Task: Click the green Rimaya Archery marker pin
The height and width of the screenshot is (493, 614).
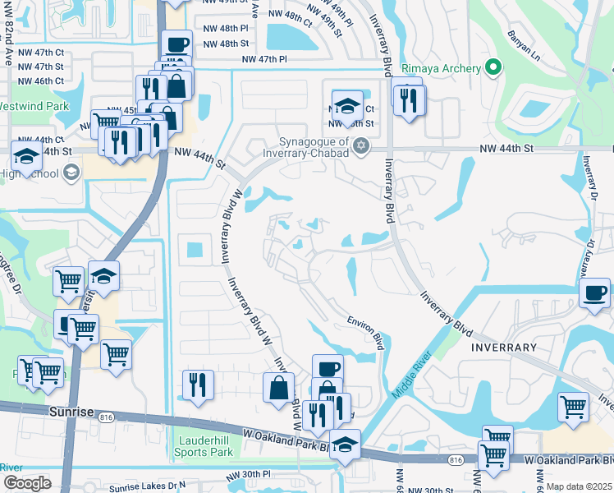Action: pyautogui.click(x=493, y=67)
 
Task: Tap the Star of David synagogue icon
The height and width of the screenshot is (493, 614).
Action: pyautogui.click(x=360, y=146)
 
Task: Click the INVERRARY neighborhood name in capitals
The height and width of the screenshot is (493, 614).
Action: pyautogui.click(x=504, y=348)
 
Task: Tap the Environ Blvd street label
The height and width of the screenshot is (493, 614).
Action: pyautogui.click(x=366, y=332)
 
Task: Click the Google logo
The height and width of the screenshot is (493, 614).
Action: pyautogui.click(x=26, y=483)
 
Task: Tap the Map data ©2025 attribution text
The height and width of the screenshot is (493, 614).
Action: pyautogui.click(x=579, y=486)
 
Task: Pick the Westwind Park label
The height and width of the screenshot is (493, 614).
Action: pyautogui.click(x=33, y=106)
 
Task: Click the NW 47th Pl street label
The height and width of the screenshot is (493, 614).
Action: pyautogui.click(x=264, y=59)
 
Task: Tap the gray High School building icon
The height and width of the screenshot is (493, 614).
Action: pyautogui.click(x=71, y=172)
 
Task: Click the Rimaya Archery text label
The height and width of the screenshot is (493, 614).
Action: pyautogui.click(x=440, y=67)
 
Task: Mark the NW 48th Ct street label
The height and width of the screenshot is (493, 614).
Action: pyautogui.click(x=290, y=16)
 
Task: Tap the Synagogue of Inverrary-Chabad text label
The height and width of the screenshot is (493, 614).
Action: pyautogui.click(x=309, y=146)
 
